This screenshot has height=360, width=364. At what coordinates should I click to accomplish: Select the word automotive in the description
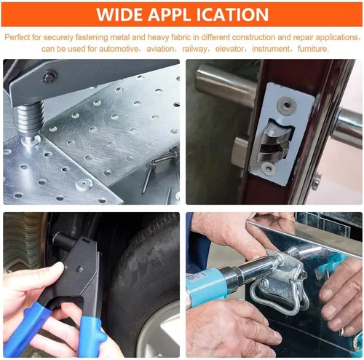(x=119, y=49)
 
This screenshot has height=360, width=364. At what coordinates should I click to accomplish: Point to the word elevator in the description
(x=229, y=49)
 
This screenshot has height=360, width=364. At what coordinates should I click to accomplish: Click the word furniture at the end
(x=312, y=49)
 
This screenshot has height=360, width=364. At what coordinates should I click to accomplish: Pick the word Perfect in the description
(x=17, y=37)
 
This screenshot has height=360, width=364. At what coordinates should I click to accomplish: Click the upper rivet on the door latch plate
(x=287, y=105)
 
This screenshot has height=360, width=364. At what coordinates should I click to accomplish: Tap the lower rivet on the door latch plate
(x=269, y=168)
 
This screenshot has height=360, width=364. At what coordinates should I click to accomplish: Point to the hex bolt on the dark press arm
(x=49, y=77)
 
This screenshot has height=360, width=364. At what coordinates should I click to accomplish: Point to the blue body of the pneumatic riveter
(x=206, y=284)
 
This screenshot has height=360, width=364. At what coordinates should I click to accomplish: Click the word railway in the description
(x=194, y=49)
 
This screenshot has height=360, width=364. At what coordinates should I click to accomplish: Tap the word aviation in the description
(x=160, y=49)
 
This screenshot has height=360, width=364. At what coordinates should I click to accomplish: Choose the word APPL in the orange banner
(x=169, y=15)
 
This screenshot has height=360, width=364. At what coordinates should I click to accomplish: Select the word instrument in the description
(x=271, y=49)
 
